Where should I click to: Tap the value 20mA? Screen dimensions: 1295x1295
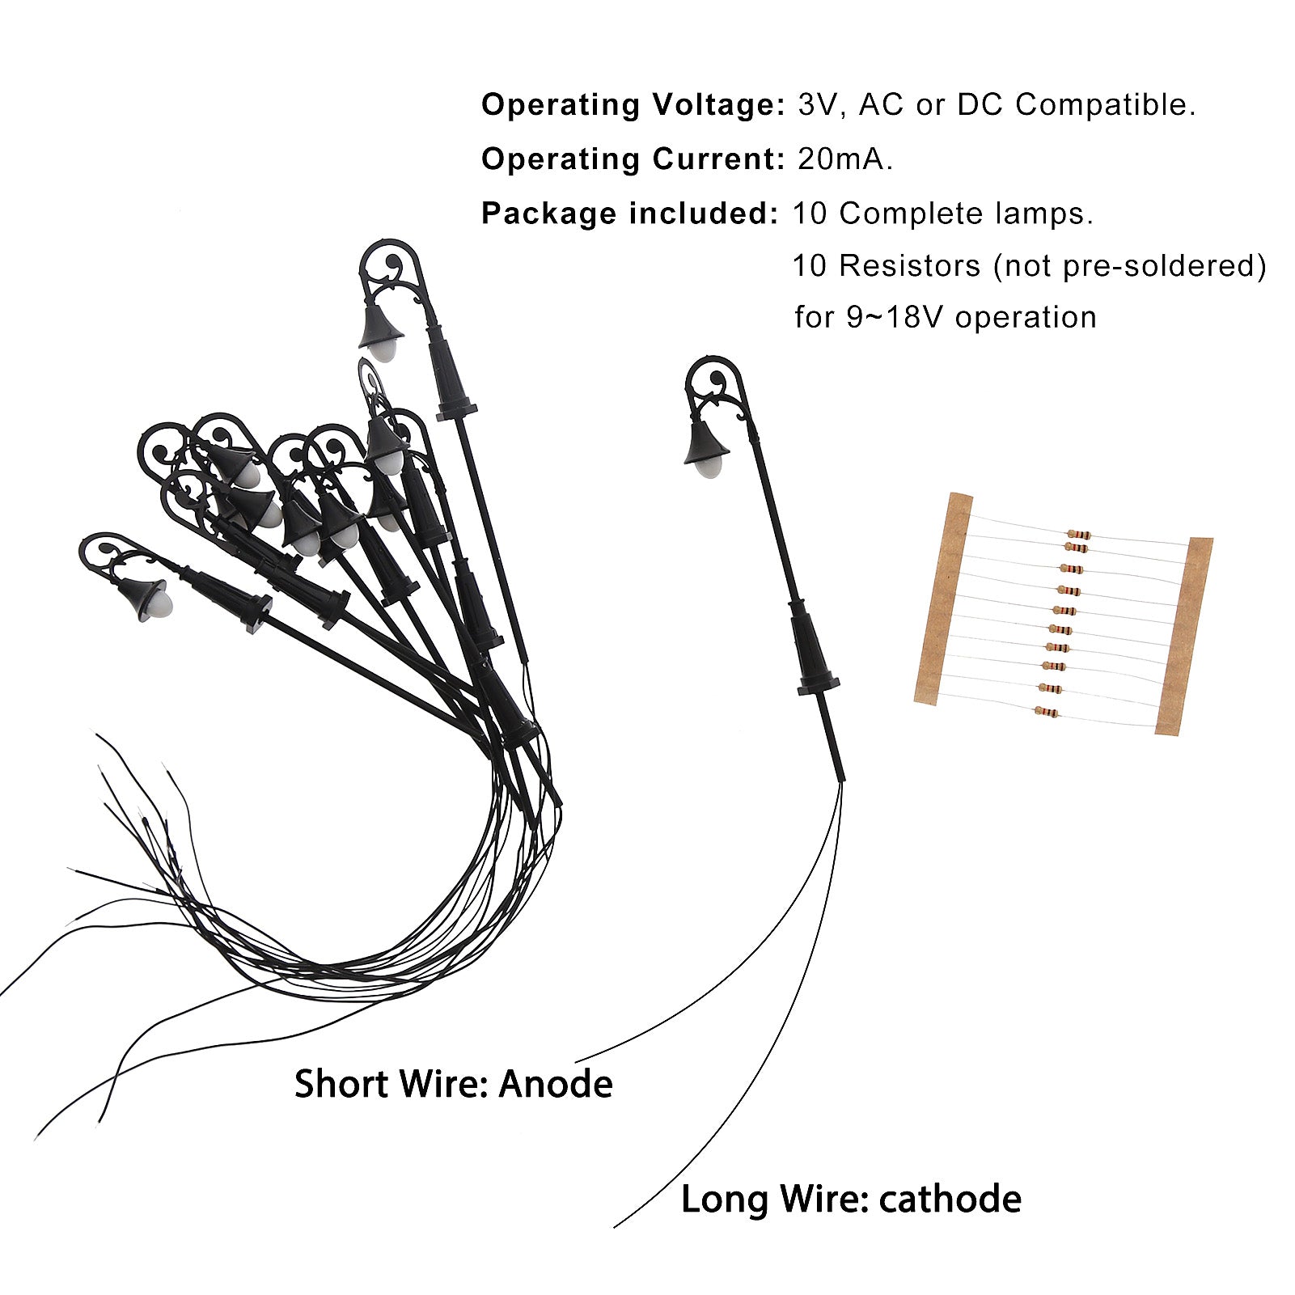tap(845, 159)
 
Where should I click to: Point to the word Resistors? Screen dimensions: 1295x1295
tap(909, 265)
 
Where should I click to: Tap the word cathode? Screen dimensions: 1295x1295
tap(950, 1199)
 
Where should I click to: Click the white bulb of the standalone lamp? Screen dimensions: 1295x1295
tap(710, 466)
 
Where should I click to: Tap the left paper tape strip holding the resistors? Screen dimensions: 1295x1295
tap(943, 599)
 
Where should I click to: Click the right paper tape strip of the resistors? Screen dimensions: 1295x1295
tap(1184, 636)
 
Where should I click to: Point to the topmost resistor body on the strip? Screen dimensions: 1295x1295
tap(1078, 534)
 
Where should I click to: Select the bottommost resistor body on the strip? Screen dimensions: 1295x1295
tap(1046, 712)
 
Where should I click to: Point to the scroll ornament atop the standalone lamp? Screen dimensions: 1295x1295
tap(717, 378)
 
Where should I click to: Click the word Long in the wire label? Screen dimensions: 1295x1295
tap(725, 1199)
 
